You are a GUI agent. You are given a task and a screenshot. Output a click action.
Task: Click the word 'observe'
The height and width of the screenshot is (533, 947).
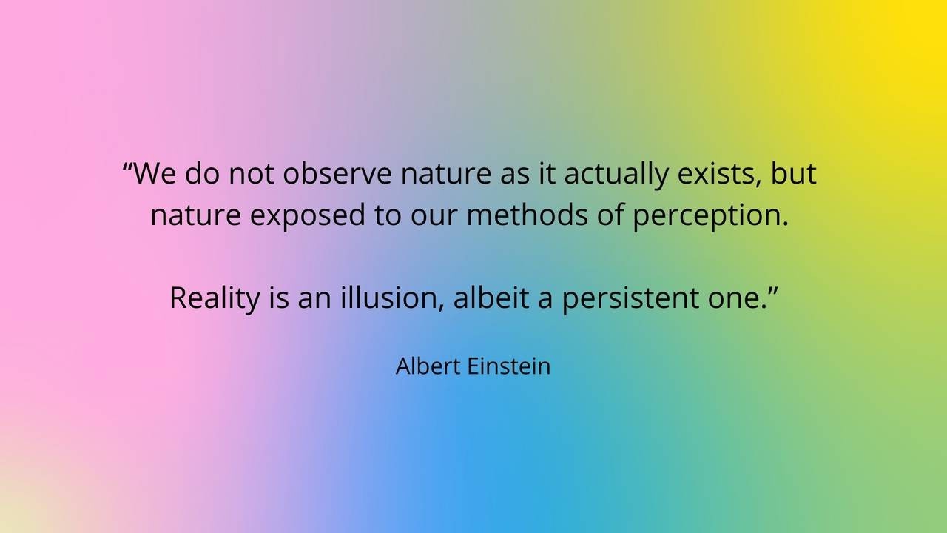point(337,173)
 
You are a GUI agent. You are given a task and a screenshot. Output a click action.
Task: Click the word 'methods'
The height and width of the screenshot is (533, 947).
point(528,215)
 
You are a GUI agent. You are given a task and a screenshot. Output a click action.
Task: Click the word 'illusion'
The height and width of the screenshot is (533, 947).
point(393,298)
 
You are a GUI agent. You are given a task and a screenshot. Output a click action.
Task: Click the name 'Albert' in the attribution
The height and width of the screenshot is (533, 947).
point(428,366)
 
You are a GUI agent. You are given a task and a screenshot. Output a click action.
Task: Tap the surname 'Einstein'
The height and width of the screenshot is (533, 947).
point(509,366)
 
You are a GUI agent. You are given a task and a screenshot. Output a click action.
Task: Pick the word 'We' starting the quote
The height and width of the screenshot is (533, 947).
point(155,173)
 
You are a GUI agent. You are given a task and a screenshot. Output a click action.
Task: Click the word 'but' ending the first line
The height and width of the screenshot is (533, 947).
point(794,173)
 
